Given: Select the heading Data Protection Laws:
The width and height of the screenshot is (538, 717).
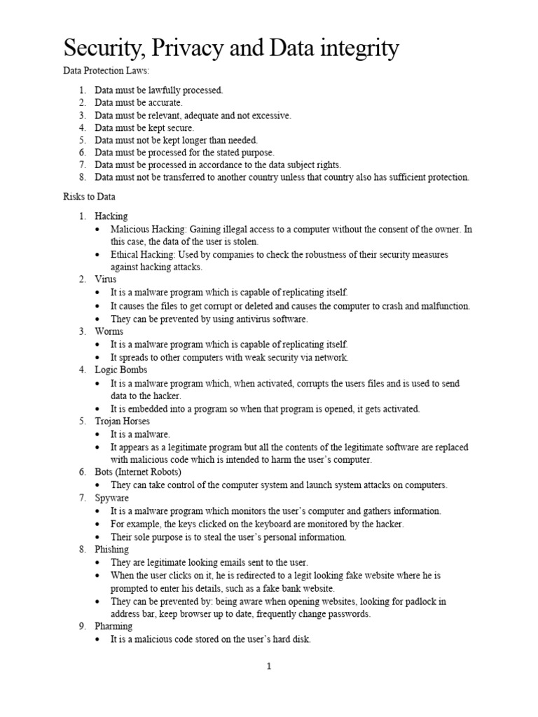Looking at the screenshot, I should point(107,71).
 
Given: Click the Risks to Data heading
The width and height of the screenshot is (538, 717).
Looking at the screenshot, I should point(90,197).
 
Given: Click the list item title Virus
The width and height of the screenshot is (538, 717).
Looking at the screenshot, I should point(106,279).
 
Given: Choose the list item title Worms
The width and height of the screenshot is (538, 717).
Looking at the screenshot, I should point(109,331).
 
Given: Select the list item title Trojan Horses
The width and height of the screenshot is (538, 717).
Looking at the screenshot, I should point(123,422).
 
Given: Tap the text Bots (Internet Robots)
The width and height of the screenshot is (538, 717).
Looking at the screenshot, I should point(138,473).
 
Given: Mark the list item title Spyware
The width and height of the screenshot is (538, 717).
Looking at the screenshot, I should point(112,498).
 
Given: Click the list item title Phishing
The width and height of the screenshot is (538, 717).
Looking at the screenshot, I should point(112,550).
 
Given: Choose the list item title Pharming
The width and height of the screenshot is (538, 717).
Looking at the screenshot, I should point(113,627).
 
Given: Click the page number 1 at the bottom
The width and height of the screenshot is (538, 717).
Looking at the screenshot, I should point(268,667).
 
